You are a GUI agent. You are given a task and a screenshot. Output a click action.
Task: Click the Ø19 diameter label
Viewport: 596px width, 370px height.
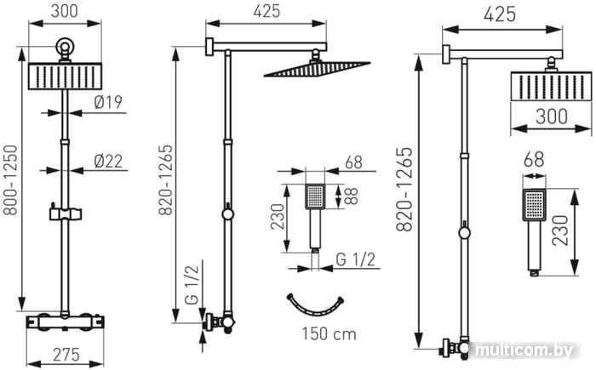pyautogui.click(x=108, y=103)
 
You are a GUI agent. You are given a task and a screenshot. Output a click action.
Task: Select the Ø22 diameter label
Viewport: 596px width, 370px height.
pyautogui.click(x=108, y=162)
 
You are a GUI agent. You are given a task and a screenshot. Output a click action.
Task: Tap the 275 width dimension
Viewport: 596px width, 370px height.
pyautogui.click(x=66, y=355)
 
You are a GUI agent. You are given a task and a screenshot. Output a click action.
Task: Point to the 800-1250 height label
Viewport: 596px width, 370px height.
pyautogui.click(x=10, y=180)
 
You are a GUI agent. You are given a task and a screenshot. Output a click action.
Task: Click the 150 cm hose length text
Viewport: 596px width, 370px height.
pyautogui.click(x=330, y=334)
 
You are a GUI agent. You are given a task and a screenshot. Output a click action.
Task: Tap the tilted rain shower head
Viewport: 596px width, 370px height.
pyautogui.click(x=317, y=68)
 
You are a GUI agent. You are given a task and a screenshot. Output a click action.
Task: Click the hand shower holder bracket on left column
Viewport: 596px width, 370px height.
pyautogui.click(x=66, y=213)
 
